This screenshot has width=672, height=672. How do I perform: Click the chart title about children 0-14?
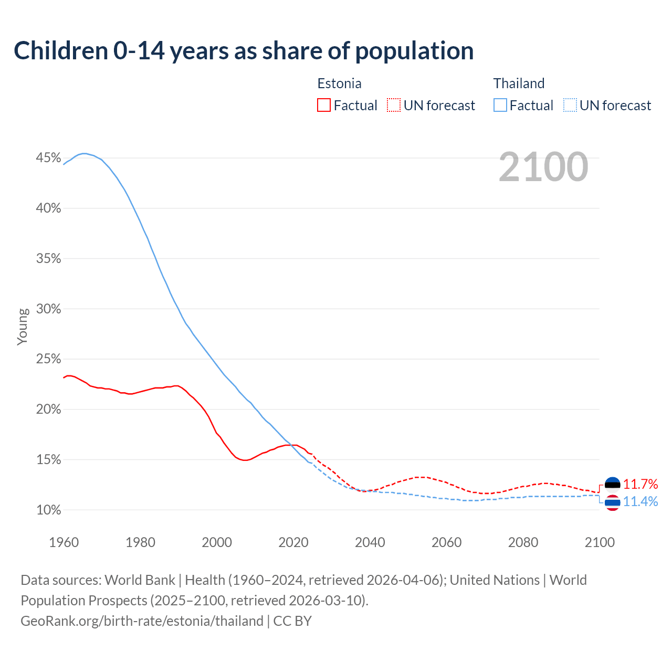[244, 51]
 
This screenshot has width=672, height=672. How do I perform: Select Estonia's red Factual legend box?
[324, 106]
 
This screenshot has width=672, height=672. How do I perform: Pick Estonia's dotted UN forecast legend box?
[394, 106]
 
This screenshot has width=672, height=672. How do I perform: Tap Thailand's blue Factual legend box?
[500, 106]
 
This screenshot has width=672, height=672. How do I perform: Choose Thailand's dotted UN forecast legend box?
[570, 106]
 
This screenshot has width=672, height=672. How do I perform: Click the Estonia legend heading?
[339, 83]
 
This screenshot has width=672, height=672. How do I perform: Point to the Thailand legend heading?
[519, 83]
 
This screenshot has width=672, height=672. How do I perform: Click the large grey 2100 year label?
[543, 167]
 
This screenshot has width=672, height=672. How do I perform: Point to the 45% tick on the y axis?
[49, 158]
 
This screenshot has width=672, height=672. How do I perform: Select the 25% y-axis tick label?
[49, 359]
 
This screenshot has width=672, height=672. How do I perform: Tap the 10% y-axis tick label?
[49, 510]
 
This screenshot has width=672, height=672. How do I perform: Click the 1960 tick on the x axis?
[64, 542]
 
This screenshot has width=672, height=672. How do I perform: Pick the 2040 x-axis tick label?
[370, 542]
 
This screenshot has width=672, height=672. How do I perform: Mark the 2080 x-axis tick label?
[523, 542]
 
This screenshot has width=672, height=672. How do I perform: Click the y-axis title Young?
[23, 327]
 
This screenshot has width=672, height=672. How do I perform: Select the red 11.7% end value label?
[640, 484]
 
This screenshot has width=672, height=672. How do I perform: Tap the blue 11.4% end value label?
[640, 502]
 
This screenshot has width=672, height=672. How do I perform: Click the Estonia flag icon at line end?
[612, 484]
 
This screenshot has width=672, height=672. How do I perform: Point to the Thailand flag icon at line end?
[612, 502]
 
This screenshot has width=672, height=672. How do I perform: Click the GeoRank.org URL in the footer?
[142, 621]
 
